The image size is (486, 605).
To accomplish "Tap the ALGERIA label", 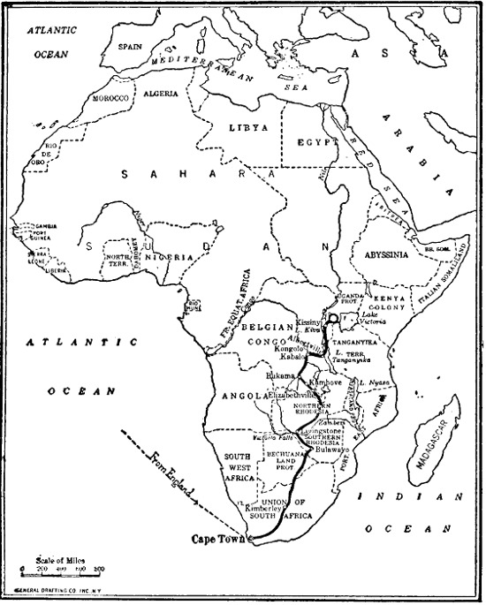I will click(x=161, y=91).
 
